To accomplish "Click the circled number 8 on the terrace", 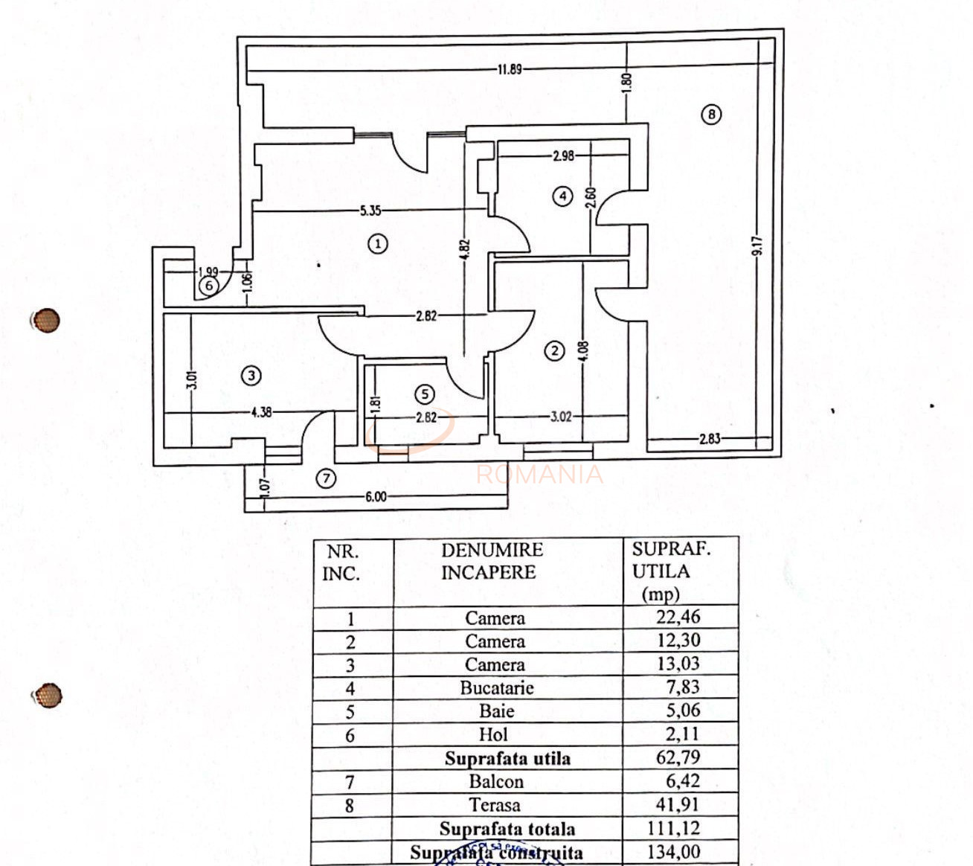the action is (x=711, y=115).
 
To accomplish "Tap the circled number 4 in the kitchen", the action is (x=563, y=196).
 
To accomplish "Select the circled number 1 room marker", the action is (x=379, y=243).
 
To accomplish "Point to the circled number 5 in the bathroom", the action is (x=425, y=394).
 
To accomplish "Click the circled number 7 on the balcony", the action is (x=327, y=478).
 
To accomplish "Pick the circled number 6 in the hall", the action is (x=209, y=286).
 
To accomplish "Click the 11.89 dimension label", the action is (x=510, y=69).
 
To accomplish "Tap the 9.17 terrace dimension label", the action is (x=757, y=246).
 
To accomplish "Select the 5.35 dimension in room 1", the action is (x=370, y=211).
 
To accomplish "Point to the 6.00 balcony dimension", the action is (x=376, y=497).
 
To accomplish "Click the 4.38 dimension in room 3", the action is (x=261, y=411).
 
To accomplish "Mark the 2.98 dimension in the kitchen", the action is (x=563, y=156).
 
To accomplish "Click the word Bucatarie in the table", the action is (x=496, y=688).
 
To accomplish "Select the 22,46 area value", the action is (x=678, y=617).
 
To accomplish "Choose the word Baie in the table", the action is (x=496, y=711).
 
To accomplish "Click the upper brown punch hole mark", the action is (x=46, y=321).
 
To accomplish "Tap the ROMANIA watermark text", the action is (x=539, y=474).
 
